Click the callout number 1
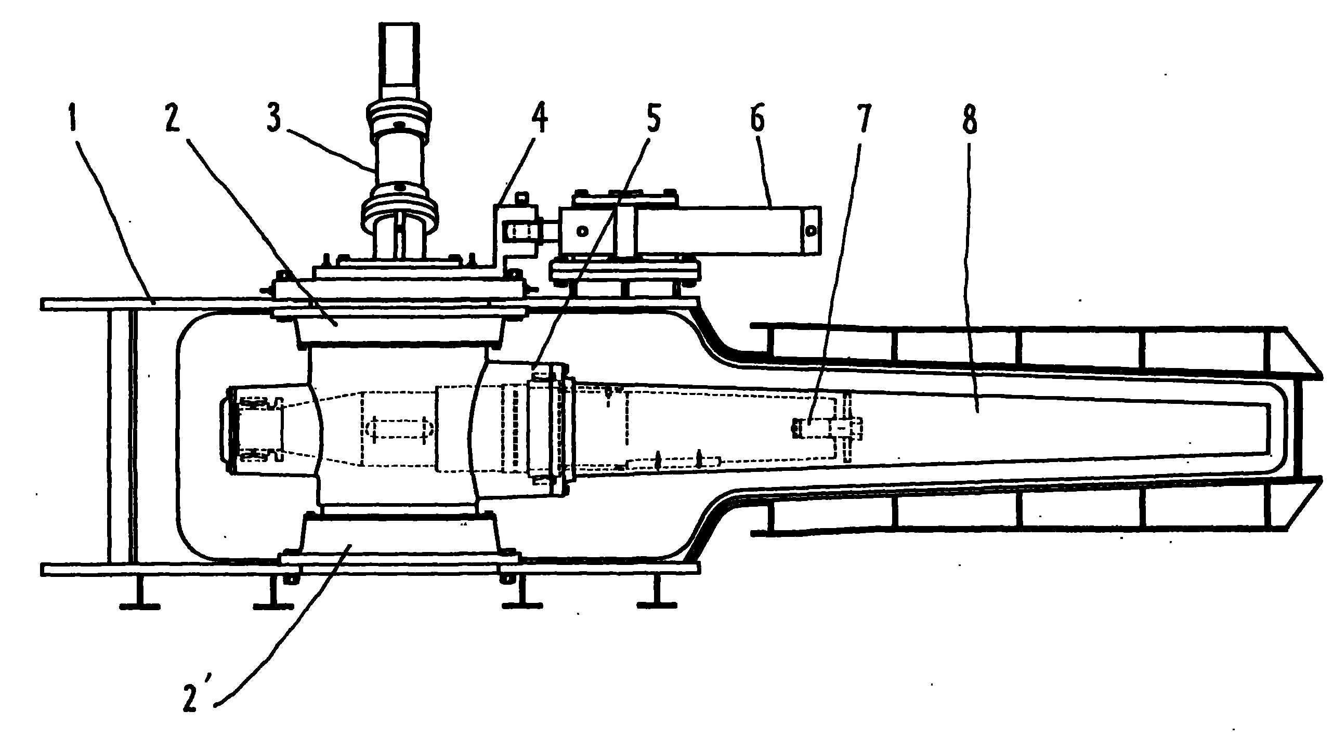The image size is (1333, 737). pos(73,119)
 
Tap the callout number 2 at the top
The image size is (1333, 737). pos(172,119)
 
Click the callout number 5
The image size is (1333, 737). pos(652,119)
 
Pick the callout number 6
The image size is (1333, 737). pos(757,119)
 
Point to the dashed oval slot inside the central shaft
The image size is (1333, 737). pos(399,429)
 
